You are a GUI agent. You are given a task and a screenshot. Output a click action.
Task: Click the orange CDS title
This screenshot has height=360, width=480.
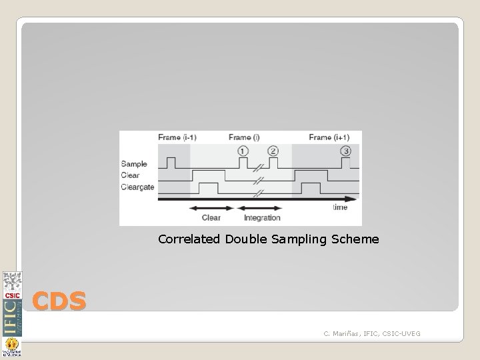[59, 302]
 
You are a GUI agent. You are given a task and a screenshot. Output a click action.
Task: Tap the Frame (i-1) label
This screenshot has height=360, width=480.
[177, 137]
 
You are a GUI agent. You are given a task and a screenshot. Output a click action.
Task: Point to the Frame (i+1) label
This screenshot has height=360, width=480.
[329, 137]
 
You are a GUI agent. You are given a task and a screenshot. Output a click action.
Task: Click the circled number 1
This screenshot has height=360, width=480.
[243, 151]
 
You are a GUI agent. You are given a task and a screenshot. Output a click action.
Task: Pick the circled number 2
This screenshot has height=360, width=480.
[273, 151]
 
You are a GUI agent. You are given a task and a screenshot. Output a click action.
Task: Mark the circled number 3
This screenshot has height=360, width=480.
[345, 151]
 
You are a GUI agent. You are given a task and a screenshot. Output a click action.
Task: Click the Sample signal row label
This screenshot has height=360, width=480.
[134, 163]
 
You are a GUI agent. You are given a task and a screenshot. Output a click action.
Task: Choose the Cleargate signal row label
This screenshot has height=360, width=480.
[137, 187]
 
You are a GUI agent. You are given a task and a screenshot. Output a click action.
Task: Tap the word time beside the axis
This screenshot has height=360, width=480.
[340, 207]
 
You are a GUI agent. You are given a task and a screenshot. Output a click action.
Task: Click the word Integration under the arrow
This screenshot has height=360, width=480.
[262, 218]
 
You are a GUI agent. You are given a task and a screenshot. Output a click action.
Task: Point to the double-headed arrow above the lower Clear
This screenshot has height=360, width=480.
[211, 208]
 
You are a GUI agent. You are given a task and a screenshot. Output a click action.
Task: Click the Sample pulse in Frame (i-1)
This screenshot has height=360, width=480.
[171, 162]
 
